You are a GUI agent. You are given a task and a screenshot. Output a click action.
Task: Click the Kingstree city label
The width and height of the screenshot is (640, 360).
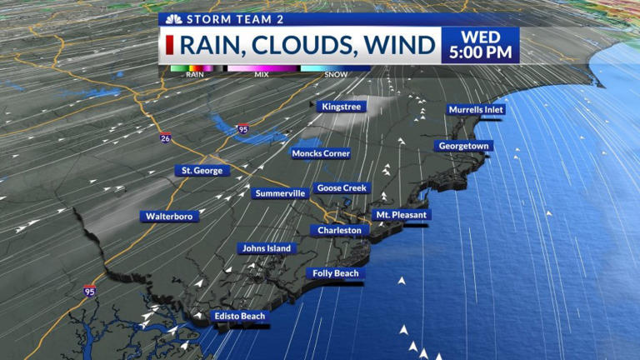coord(341,107)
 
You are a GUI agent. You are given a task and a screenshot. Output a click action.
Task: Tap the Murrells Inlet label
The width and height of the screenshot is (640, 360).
coord(477,109)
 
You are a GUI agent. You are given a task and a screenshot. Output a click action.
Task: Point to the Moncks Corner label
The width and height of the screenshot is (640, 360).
coord(321,153)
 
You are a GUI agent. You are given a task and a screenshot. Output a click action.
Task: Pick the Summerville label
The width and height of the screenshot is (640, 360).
coord(280,193)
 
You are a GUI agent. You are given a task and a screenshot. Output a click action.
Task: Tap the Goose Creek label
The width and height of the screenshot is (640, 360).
coord(342,188)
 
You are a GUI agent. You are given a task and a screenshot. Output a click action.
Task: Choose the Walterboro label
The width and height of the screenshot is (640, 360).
coord(169,217)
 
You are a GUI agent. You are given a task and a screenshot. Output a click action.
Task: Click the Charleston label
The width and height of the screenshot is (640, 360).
coord(339,230)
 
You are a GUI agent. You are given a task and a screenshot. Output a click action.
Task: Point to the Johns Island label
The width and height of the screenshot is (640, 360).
coord(266,248)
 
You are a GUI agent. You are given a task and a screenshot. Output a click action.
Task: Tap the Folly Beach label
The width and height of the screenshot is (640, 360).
coord(335,273)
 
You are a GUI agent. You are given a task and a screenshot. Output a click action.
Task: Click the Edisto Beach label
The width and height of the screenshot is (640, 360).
coord(239,317)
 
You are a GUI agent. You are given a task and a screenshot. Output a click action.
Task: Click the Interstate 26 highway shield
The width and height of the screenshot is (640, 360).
coord(166,138)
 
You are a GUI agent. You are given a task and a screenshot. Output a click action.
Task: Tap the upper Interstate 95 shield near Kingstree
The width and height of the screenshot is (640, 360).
coord(242,129)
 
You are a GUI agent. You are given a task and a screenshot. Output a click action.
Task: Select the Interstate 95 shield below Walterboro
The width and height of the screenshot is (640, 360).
coord(89,291)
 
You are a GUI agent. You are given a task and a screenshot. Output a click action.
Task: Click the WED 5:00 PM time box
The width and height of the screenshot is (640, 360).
coord(480,45)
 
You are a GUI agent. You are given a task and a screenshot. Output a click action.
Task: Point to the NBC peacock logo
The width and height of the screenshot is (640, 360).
coord(173,18)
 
